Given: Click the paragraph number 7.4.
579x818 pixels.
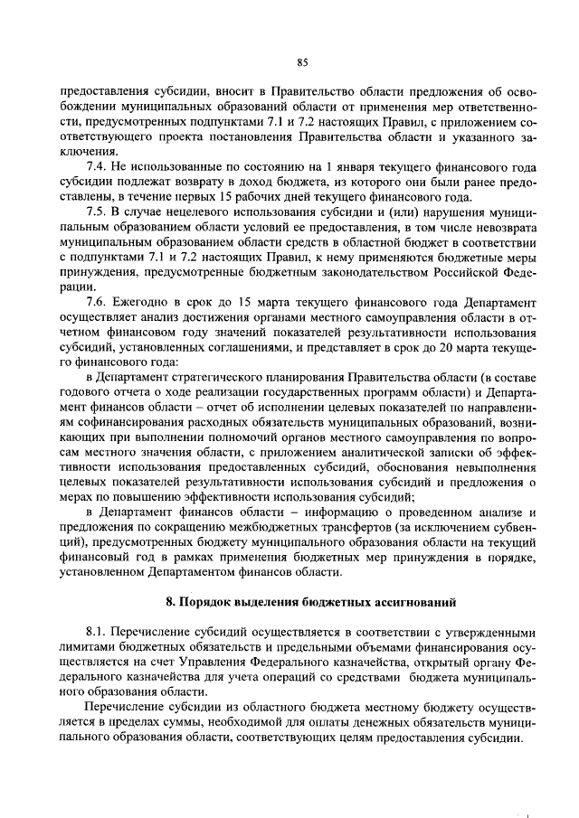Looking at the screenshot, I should [x=97, y=168].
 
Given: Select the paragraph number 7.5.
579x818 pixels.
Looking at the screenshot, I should [x=97, y=211].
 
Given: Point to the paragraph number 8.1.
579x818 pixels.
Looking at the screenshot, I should [x=97, y=632].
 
